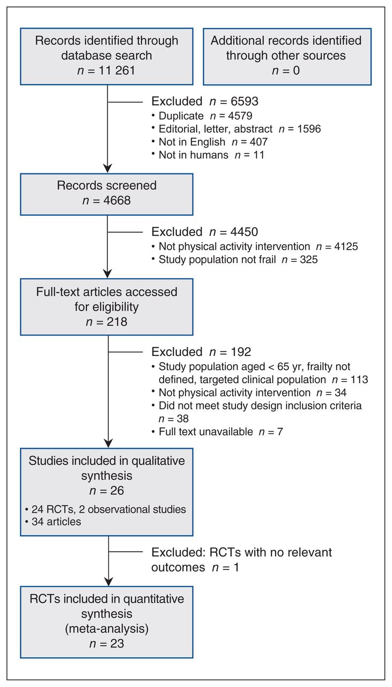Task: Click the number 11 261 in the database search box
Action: coord(116,70)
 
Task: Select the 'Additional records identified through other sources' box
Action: coord(287,56)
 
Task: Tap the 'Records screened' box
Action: coord(107,194)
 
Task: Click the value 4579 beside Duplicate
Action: coord(240,115)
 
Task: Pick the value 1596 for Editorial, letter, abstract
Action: coord(309,129)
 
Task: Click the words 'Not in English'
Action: coord(192,142)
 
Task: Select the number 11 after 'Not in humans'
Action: coord(258,155)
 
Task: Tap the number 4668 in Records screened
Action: coord(117,201)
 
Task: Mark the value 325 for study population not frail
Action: coord(309,259)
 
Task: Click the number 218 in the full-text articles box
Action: coord(117,321)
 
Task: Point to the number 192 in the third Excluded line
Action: coord(241,352)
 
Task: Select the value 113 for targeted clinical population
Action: coord(359,379)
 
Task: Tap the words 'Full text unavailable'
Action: coord(206,432)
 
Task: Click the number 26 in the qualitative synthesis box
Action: coord(117,491)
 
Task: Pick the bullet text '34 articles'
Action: coord(56,522)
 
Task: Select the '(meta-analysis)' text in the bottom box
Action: coord(107,628)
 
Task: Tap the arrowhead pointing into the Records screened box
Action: coord(107,169)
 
